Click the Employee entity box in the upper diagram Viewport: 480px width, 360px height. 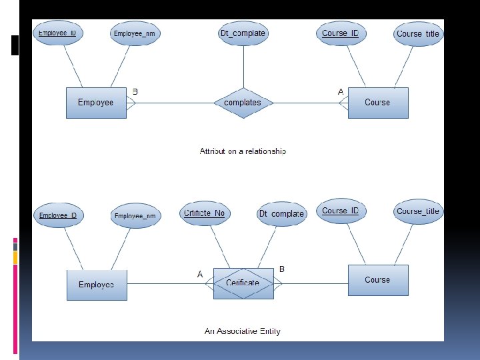(x=96, y=103)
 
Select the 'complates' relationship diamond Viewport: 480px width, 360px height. (x=243, y=103)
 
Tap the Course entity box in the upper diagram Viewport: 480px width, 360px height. (x=378, y=103)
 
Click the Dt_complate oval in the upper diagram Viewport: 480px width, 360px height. (x=243, y=33)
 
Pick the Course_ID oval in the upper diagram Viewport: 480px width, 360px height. (x=340, y=33)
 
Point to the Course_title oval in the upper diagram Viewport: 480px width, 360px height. (x=418, y=34)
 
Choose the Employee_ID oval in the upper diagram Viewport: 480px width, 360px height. (x=57, y=33)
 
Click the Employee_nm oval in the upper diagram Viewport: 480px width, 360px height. (x=136, y=34)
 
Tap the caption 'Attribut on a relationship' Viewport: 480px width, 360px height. (x=243, y=151)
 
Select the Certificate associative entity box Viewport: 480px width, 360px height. (x=243, y=283)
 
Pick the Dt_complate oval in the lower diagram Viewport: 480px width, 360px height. (x=281, y=214)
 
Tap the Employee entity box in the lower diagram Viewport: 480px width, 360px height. (x=97, y=285)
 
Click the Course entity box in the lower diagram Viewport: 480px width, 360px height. (x=377, y=280)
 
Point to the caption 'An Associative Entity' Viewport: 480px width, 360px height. (x=242, y=331)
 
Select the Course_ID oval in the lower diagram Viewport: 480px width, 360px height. (x=340, y=211)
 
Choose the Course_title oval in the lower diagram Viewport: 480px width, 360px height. (x=419, y=211)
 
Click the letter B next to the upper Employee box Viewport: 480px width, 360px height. (x=135, y=91)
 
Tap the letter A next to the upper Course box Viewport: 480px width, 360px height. (x=341, y=91)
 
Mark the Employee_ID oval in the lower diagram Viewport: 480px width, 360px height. (x=57, y=215)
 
